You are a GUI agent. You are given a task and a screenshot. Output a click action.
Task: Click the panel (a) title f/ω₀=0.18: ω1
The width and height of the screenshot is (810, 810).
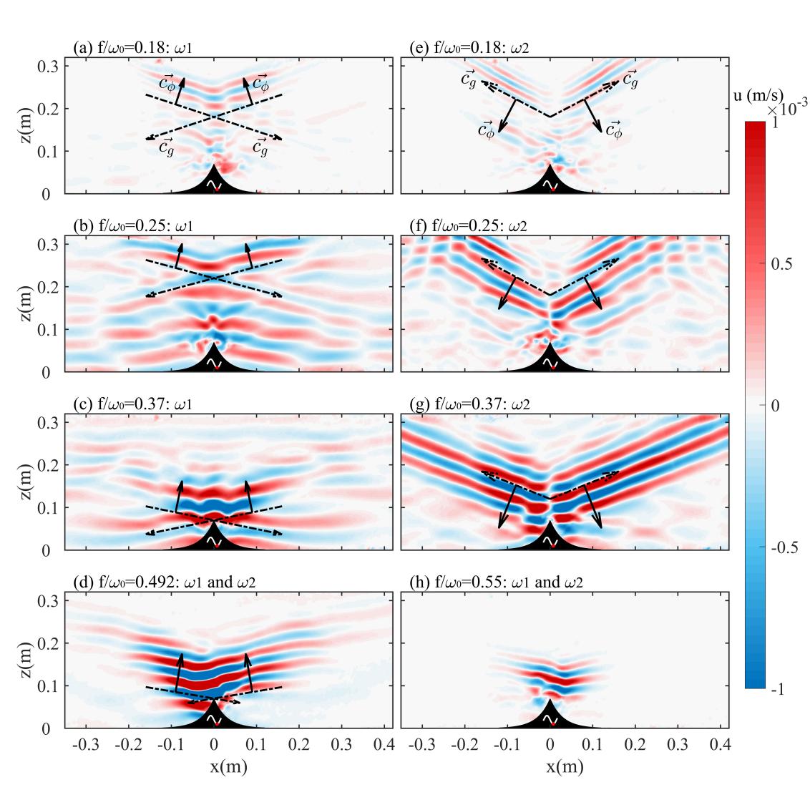(x=132, y=49)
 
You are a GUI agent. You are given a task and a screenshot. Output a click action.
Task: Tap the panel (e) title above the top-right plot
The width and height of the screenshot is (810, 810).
(x=469, y=49)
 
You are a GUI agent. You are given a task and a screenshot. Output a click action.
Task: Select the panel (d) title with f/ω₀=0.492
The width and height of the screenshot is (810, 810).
(x=165, y=582)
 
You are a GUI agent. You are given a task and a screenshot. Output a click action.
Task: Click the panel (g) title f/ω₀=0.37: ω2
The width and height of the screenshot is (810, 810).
(x=469, y=404)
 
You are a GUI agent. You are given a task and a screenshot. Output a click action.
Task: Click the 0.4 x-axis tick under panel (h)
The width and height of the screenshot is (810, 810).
(x=721, y=745)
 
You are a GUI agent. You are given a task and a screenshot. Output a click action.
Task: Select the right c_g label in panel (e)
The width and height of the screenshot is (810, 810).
(x=630, y=80)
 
